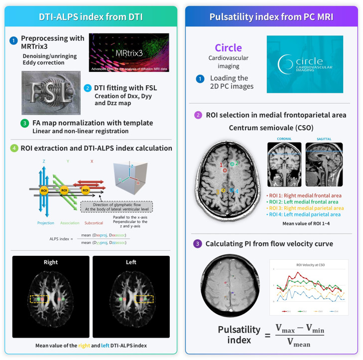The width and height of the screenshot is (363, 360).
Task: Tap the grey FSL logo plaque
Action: [x=51, y=92]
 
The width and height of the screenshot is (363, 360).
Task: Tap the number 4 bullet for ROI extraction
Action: [x=14, y=148]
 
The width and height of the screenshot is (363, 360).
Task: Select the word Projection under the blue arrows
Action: [x=45, y=222]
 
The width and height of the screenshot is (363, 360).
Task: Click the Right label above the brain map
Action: [x=50, y=262]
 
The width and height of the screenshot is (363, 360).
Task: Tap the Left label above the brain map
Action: [x=131, y=262]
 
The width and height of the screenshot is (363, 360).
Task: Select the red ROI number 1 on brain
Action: [x=221, y=164]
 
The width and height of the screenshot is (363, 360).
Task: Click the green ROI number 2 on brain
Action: [x=238, y=163]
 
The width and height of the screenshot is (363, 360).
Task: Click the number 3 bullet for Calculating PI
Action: [x=198, y=244]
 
